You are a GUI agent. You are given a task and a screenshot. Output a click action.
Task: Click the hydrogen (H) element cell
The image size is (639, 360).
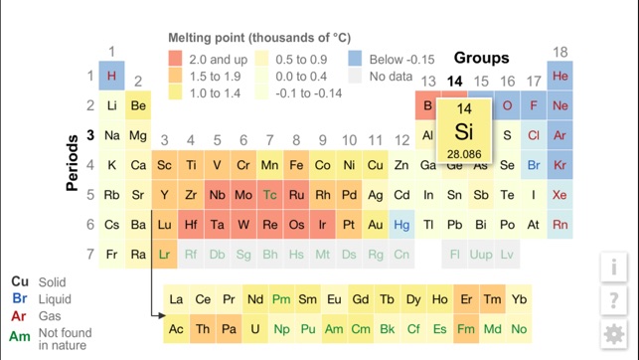click(x=111, y=77)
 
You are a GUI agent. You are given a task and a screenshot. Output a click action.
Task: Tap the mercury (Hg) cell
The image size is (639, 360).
click(x=401, y=225)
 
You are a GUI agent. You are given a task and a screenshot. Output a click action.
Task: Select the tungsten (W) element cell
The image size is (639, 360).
click(x=243, y=225)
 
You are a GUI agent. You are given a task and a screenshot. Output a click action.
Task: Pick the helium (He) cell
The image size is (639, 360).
click(x=560, y=77)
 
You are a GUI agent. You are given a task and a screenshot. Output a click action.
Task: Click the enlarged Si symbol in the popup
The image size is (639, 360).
click(x=464, y=131)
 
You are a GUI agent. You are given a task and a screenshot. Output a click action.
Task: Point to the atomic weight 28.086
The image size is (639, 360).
click(x=464, y=154)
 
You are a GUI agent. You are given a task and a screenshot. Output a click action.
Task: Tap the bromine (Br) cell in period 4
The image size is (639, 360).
click(x=534, y=165)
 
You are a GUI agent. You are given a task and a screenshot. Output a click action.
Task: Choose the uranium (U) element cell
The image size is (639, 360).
click(x=255, y=328)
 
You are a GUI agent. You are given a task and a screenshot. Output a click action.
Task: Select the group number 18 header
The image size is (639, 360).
click(x=560, y=53)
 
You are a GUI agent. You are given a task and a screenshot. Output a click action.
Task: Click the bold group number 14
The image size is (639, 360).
click(x=455, y=82)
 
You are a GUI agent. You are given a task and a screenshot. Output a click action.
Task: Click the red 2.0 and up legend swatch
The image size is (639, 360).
click(x=175, y=60)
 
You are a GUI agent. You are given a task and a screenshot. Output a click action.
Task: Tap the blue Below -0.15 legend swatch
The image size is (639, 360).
click(x=355, y=60)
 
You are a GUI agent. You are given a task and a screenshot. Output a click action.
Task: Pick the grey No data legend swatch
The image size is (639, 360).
click(x=355, y=77)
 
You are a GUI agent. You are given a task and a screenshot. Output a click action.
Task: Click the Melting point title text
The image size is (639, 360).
click(x=258, y=38)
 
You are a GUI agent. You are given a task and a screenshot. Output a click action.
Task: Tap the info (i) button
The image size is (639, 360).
click(x=614, y=267)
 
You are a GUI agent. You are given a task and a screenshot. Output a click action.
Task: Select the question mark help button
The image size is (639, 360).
click(x=614, y=300)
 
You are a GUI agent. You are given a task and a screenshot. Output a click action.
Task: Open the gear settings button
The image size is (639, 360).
click(x=614, y=334)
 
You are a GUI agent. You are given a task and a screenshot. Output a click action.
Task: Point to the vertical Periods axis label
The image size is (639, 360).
click(x=72, y=165)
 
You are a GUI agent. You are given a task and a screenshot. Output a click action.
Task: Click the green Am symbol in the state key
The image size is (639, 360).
click(x=20, y=337)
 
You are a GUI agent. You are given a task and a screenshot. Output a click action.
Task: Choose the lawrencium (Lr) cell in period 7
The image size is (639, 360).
click(x=165, y=255)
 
